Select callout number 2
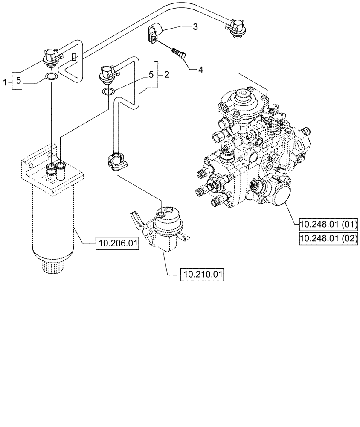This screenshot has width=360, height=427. tap(166, 74)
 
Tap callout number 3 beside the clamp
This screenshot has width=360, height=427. tap(195, 27)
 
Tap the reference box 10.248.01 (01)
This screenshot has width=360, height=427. tap(328, 224)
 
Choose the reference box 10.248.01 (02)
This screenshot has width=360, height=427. tap(328, 238)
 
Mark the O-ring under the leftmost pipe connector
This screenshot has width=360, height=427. tap(51, 77)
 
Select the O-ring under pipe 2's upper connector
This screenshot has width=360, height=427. tap(108, 91)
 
